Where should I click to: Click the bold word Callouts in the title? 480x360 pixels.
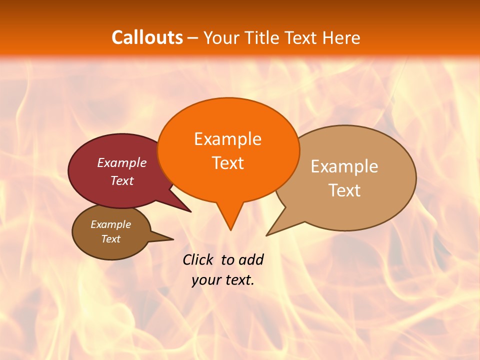tap(147, 38)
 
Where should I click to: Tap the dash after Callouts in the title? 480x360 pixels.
tap(192, 38)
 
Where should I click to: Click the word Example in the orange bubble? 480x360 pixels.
tap(227, 139)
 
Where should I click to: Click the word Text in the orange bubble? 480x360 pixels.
tap(227, 163)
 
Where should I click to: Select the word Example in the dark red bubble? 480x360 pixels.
tap(121, 163)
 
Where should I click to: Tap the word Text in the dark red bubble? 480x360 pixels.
tap(121, 181)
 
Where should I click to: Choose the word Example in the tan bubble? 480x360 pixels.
tap(344, 166)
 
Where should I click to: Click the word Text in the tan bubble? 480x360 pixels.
tap(344, 190)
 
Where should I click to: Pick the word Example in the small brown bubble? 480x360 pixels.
tap(110, 224)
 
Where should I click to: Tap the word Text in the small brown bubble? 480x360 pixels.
tap(110, 239)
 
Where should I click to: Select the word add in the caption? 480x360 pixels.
tap(251, 259)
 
